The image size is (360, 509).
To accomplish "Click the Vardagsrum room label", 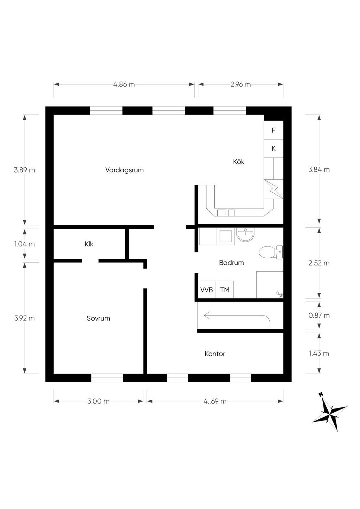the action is tap(124, 170).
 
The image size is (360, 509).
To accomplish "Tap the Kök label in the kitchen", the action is tap(239, 162).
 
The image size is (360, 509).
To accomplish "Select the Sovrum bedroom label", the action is tap(98, 318).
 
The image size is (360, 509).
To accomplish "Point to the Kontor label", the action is tap(215, 354).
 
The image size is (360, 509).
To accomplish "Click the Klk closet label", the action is tap(89, 244).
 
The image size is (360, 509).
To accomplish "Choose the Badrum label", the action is tap(231, 263).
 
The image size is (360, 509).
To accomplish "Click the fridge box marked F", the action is tap(274, 130).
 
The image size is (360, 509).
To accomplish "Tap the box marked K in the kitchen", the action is tap(274, 149).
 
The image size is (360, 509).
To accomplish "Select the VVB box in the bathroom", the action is tap(207, 290).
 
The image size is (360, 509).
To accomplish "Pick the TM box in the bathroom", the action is tap(225, 290).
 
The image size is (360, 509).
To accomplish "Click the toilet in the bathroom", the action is tap(271, 252).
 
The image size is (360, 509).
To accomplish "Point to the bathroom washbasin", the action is tap(246, 234).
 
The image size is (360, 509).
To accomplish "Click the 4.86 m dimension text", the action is tap(124, 84).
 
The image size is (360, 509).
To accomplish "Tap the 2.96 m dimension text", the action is tap(240, 84).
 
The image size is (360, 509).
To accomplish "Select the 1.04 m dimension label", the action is tap(25, 244).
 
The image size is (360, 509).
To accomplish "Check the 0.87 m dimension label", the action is tap(319, 315).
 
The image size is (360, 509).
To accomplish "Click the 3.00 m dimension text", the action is tap(98, 401).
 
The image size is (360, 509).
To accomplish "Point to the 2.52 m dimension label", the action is tap(319, 263).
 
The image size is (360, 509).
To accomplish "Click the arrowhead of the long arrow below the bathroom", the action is tap(205, 316).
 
